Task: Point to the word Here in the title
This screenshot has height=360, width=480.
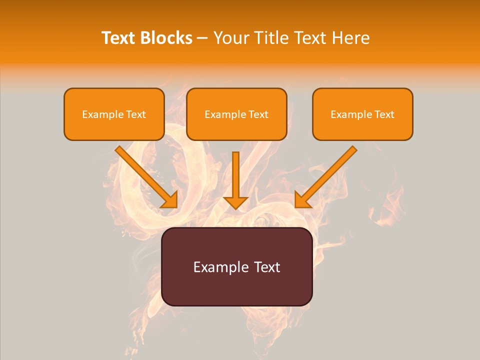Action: [x=350, y=38]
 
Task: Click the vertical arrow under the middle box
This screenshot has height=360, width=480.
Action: [x=236, y=175]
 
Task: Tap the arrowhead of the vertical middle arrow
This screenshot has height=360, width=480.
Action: [x=236, y=202]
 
